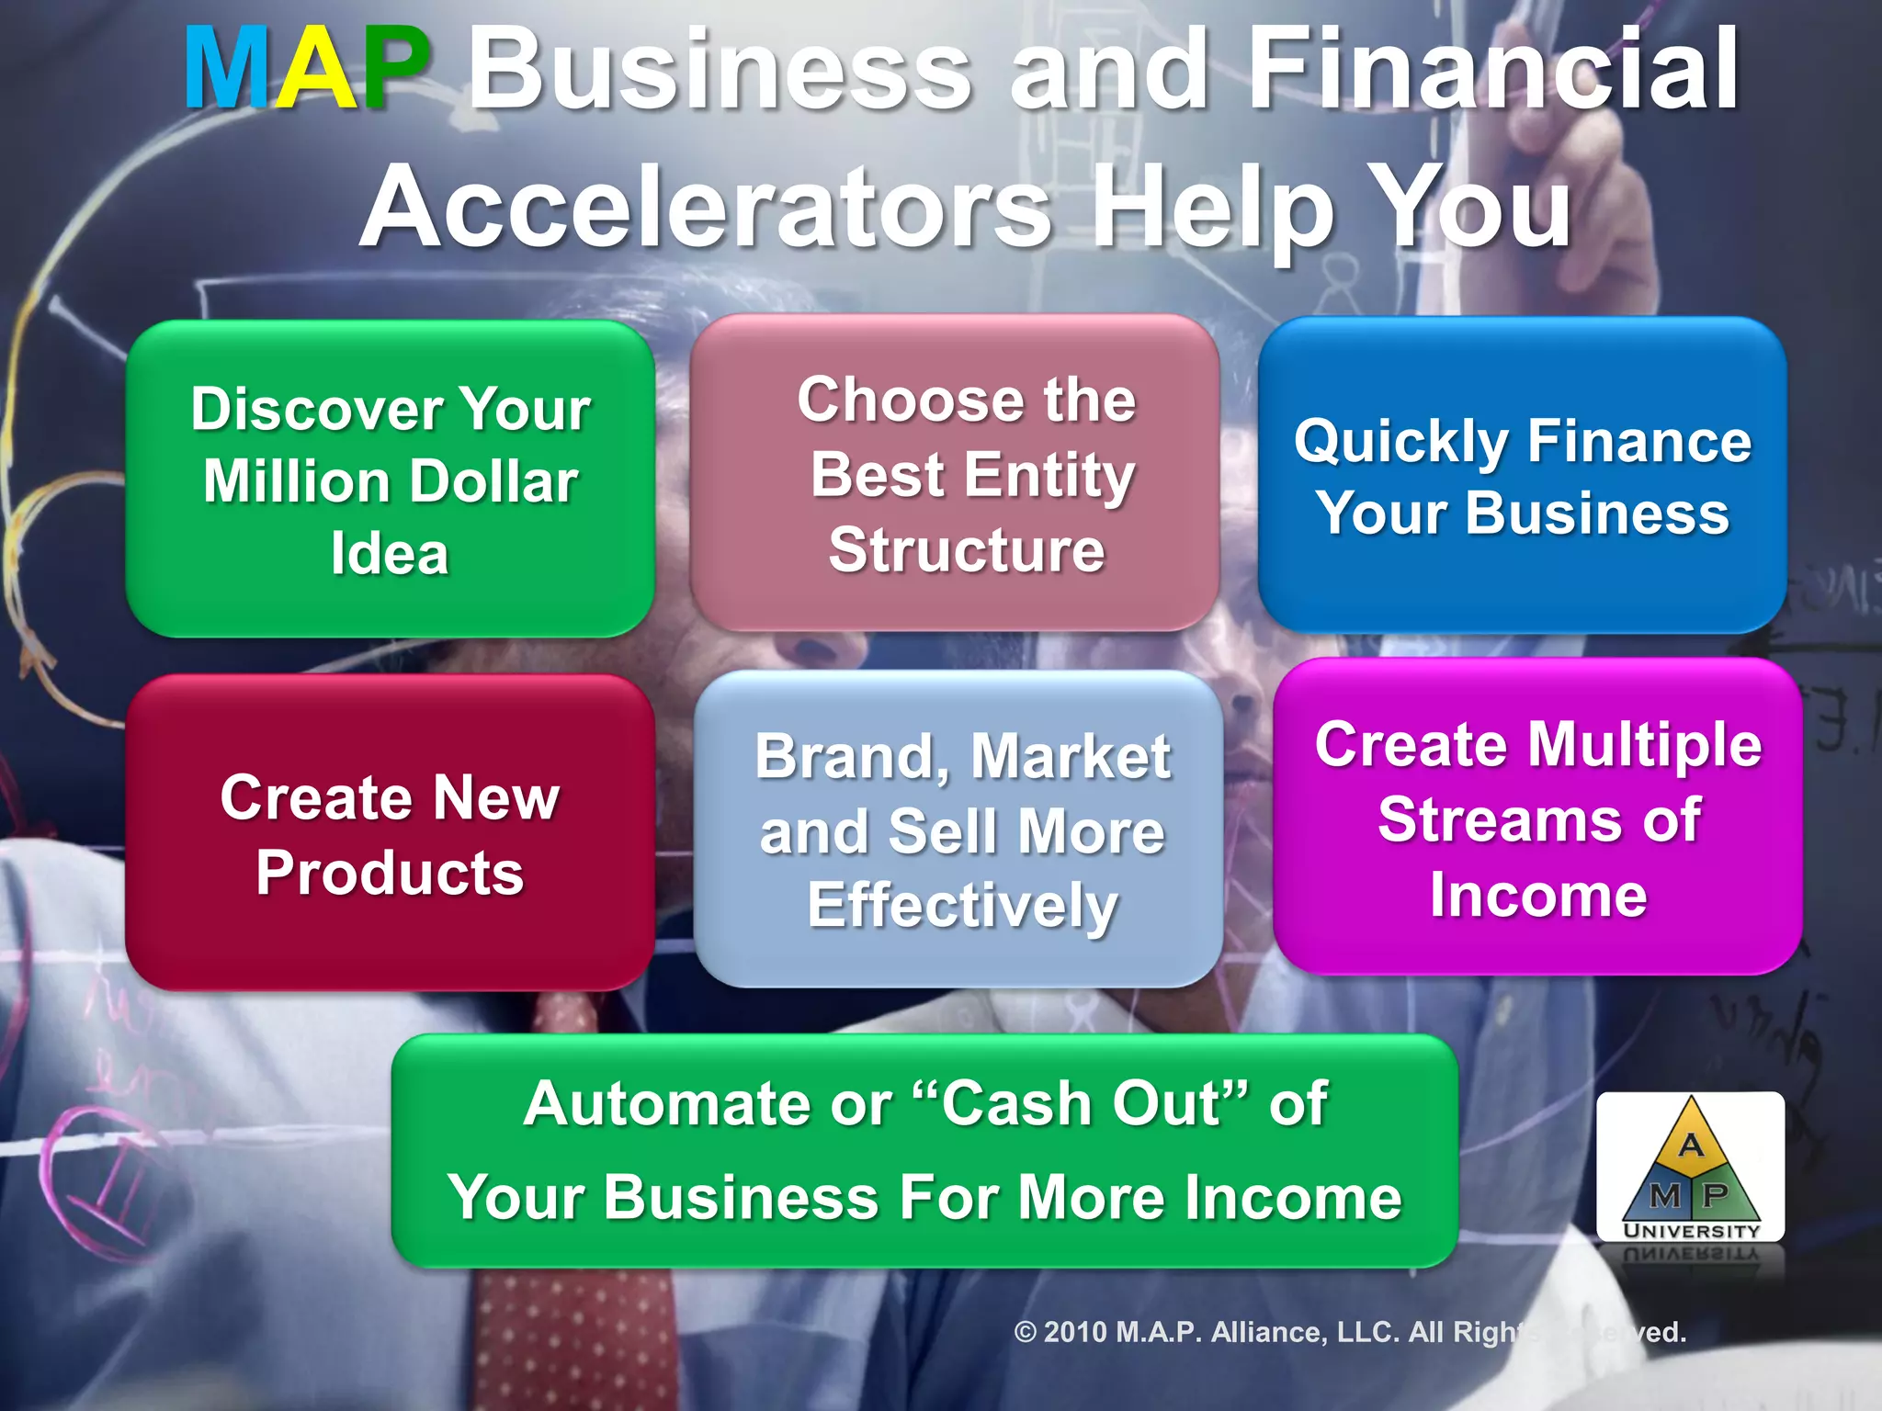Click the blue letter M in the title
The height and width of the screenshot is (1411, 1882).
[x=227, y=70]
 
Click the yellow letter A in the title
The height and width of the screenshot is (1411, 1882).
[x=315, y=70]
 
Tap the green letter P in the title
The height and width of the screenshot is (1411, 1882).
[x=393, y=70]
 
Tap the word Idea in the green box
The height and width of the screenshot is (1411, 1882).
[x=390, y=554]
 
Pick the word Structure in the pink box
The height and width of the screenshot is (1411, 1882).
[x=967, y=550]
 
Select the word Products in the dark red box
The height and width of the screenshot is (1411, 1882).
[x=390, y=873]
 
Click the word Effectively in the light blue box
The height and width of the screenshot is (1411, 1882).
[x=962, y=906]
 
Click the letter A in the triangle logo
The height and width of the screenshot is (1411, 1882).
[x=1691, y=1145]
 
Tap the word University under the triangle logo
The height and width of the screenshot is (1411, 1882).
[x=1691, y=1230]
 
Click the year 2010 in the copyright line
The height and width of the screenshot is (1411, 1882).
[x=1075, y=1332]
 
